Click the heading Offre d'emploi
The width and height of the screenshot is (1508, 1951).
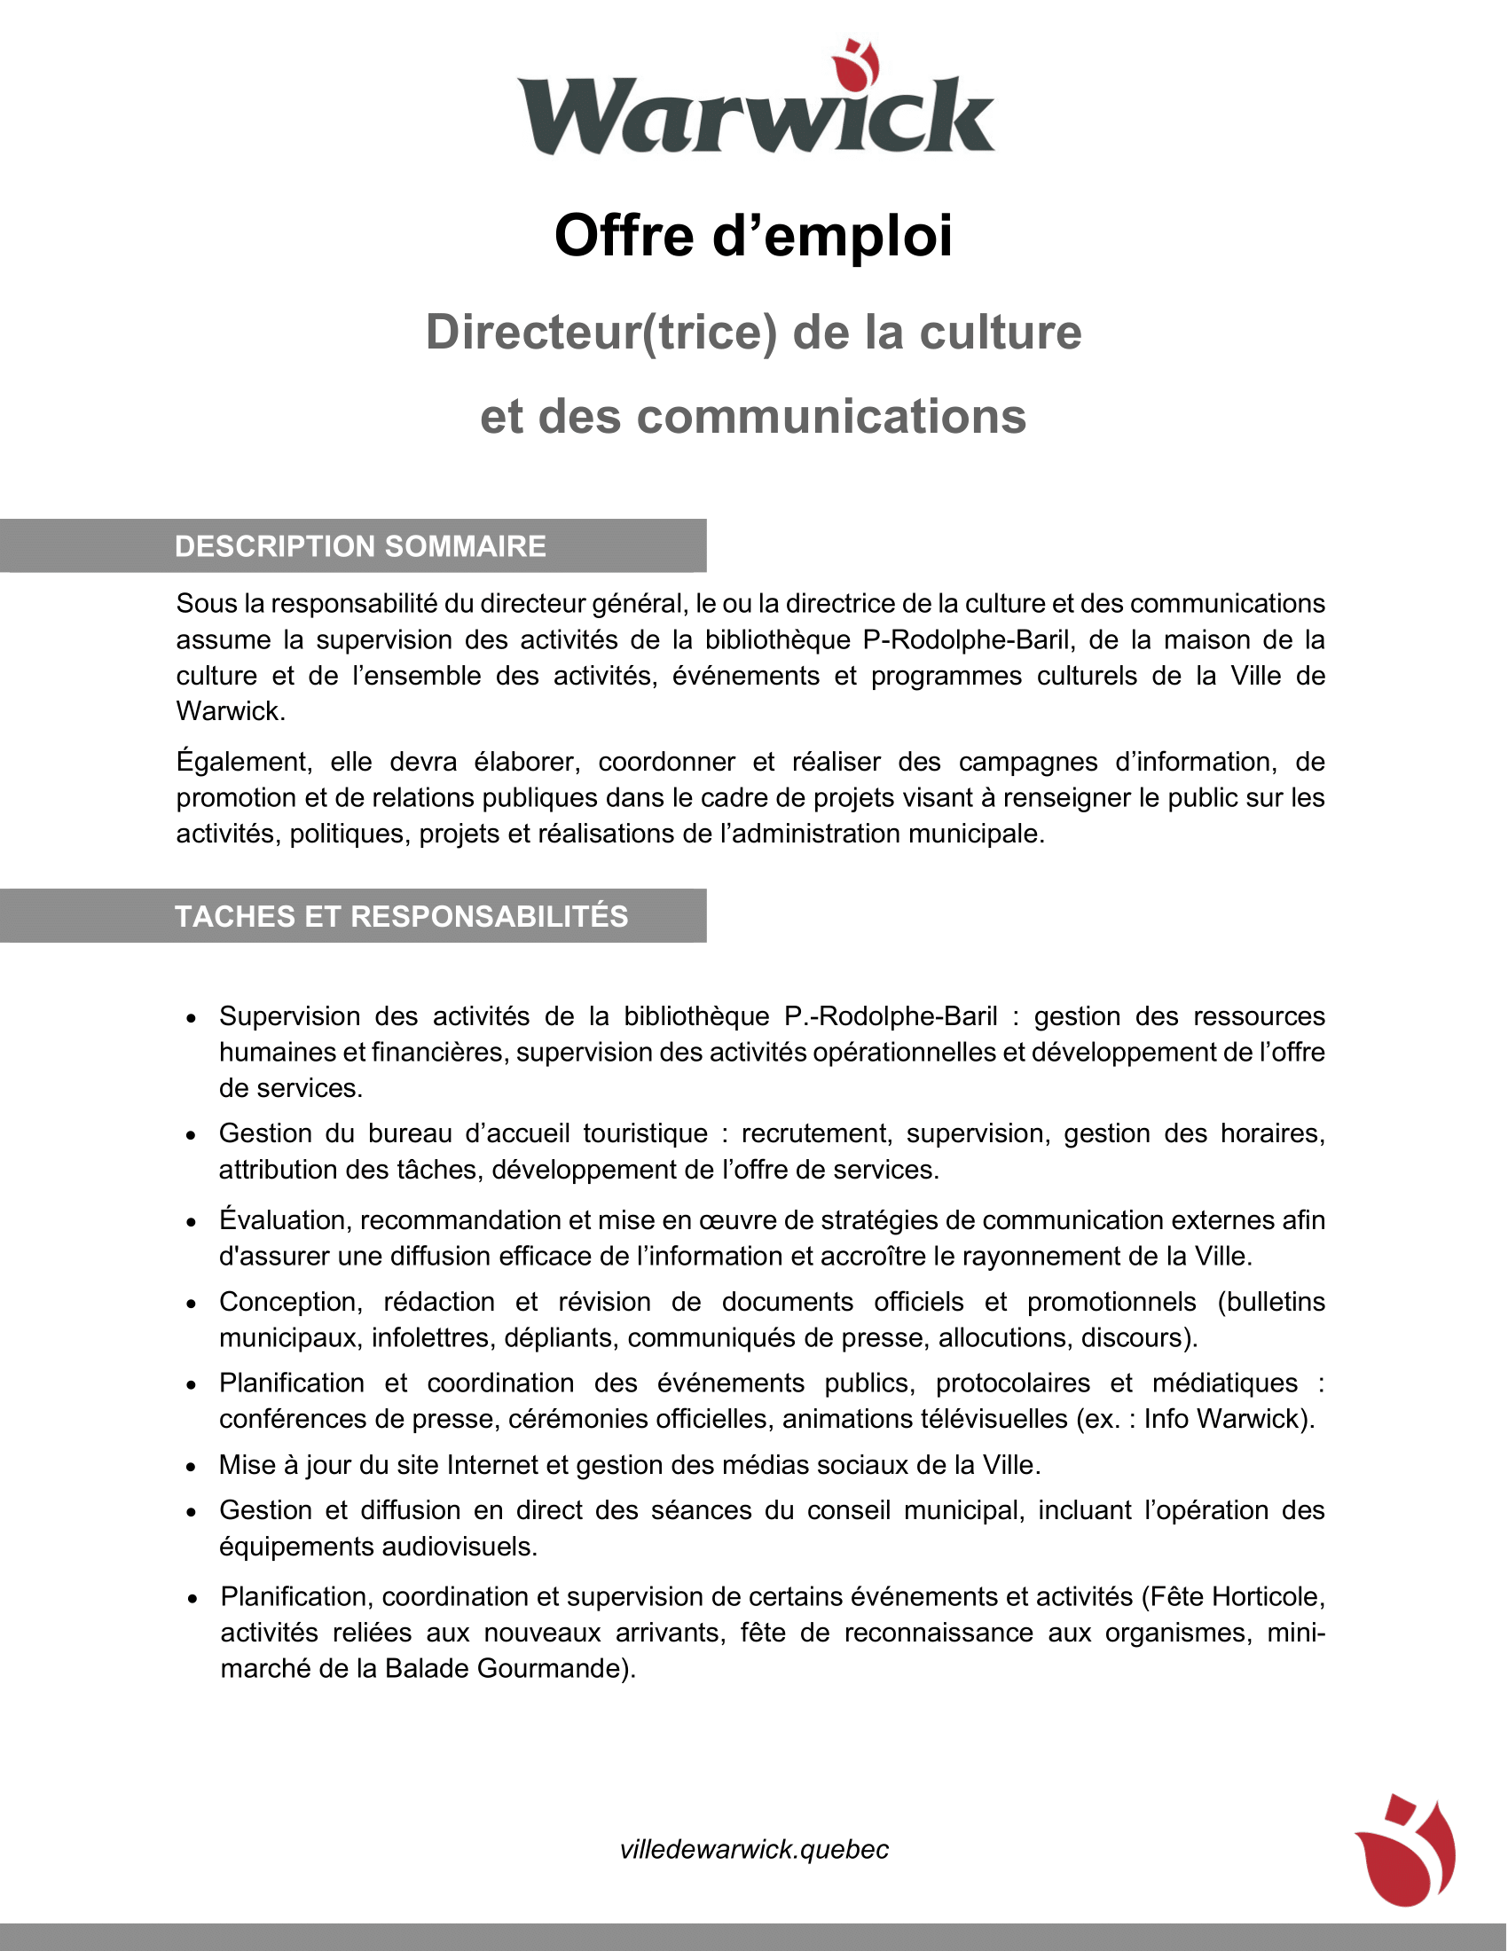[x=753, y=236]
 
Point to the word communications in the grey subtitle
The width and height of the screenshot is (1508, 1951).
[x=831, y=416]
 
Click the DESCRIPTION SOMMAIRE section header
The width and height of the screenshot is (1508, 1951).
[x=360, y=545]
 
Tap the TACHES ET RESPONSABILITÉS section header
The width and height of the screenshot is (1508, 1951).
[x=401, y=916]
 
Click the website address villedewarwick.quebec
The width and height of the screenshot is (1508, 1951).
[x=754, y=1849]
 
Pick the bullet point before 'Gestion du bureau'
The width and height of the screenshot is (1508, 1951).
[x=192, y=1135]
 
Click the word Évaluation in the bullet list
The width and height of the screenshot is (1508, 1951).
[x=282, y=1220]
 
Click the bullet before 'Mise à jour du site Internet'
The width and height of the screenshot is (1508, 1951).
[x=192, y=1467]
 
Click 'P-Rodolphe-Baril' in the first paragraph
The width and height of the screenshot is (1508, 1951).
[x=967, y=639]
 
